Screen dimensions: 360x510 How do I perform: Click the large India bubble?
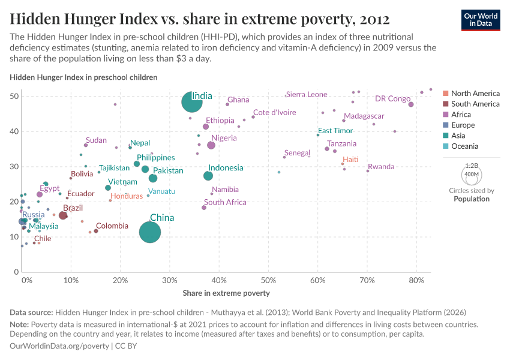[x=191, y=102]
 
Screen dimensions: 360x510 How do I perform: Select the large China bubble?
[x=150, y=232]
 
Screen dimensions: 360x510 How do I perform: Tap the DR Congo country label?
[x=392, y=99]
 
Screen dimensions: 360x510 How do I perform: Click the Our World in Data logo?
[x=482, y=20]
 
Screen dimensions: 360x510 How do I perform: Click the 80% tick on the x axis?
[x=416, y=281]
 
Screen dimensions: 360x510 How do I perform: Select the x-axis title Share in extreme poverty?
[x=226, y=293]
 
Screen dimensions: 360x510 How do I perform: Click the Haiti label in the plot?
[x=350, y=159]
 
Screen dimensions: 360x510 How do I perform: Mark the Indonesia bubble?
[x=208, y=176]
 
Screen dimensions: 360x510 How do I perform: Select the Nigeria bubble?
[x=211, y=145]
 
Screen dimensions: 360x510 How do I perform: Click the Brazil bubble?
[x=63, y=215]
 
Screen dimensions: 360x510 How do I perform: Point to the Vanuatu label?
[x=162, y=191]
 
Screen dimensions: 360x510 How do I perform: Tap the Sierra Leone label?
[x=307, y=95]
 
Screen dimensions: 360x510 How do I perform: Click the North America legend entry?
[x=475, y=94]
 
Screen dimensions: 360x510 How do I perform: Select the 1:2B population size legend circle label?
[x=471, y=165]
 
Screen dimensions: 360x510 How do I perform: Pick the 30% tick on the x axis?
[x=170, y=281]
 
